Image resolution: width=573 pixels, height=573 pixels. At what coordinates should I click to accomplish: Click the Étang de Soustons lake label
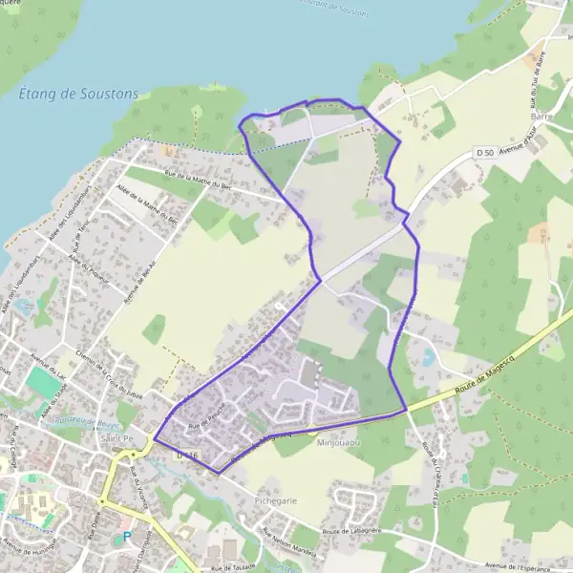tap(78, 94)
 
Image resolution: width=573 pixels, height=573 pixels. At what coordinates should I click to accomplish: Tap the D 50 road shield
tap(485, 153)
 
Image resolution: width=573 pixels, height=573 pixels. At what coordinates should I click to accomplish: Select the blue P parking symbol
tap(127, 538)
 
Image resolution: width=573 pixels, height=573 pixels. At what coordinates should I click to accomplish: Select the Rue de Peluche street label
tap(205, 417)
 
